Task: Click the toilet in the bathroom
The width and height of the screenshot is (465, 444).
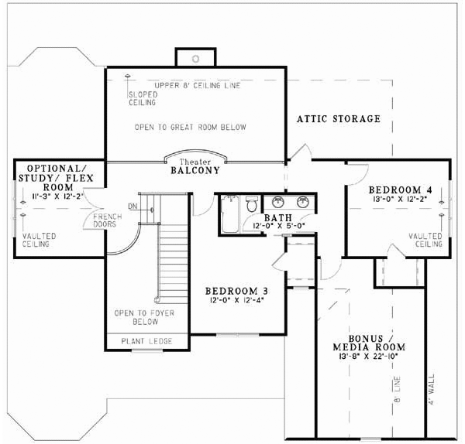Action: (250, 206)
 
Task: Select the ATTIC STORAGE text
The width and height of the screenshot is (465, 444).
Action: (339, 119)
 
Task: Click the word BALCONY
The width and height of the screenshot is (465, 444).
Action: (195, 171)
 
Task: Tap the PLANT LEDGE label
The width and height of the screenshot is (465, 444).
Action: (146, 341)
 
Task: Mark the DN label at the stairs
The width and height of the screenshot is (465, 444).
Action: (133, 206)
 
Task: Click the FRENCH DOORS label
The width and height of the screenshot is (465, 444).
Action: (103, 220)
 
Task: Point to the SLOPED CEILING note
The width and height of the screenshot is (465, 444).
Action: (142, 98)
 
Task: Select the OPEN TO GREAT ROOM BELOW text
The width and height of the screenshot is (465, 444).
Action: (190, 127)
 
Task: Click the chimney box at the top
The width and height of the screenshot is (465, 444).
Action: (196, 57)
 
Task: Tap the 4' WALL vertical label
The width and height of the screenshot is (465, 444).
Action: (432, 392)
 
